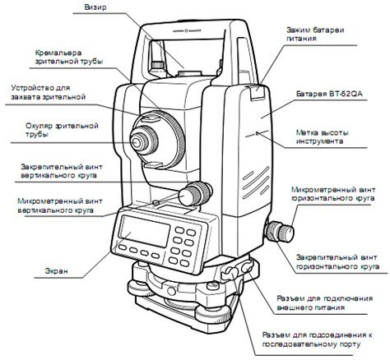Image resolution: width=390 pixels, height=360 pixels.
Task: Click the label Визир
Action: tap(95, 7)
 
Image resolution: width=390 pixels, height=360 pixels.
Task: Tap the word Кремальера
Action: tap(58, 53)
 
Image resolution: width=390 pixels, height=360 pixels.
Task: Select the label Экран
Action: tap(56, 271)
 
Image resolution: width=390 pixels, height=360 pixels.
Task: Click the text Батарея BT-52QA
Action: tap(329, 94)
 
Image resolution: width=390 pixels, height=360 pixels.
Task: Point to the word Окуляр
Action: tap(39, 126)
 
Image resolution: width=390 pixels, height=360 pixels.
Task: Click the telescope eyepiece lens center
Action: tap(136, 142)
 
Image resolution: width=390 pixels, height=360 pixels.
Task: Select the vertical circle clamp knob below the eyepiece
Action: tap(196, 194)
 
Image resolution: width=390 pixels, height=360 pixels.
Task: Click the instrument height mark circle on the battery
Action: tap(257, 134)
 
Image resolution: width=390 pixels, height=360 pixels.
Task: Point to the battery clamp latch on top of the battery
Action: tap(255, 92)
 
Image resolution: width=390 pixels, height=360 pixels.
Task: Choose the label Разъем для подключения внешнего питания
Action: tap(325, 302)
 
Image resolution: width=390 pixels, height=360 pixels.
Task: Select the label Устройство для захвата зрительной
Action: tap(49, 92)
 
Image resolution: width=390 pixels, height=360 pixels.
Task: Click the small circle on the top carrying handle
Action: tap(186, 30)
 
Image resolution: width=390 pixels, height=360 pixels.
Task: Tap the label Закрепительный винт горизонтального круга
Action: tap(337, 262)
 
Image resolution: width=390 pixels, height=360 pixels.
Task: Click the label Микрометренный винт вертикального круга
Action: tap(60, 205)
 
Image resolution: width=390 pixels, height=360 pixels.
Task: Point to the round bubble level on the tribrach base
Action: tap(172, 291)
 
